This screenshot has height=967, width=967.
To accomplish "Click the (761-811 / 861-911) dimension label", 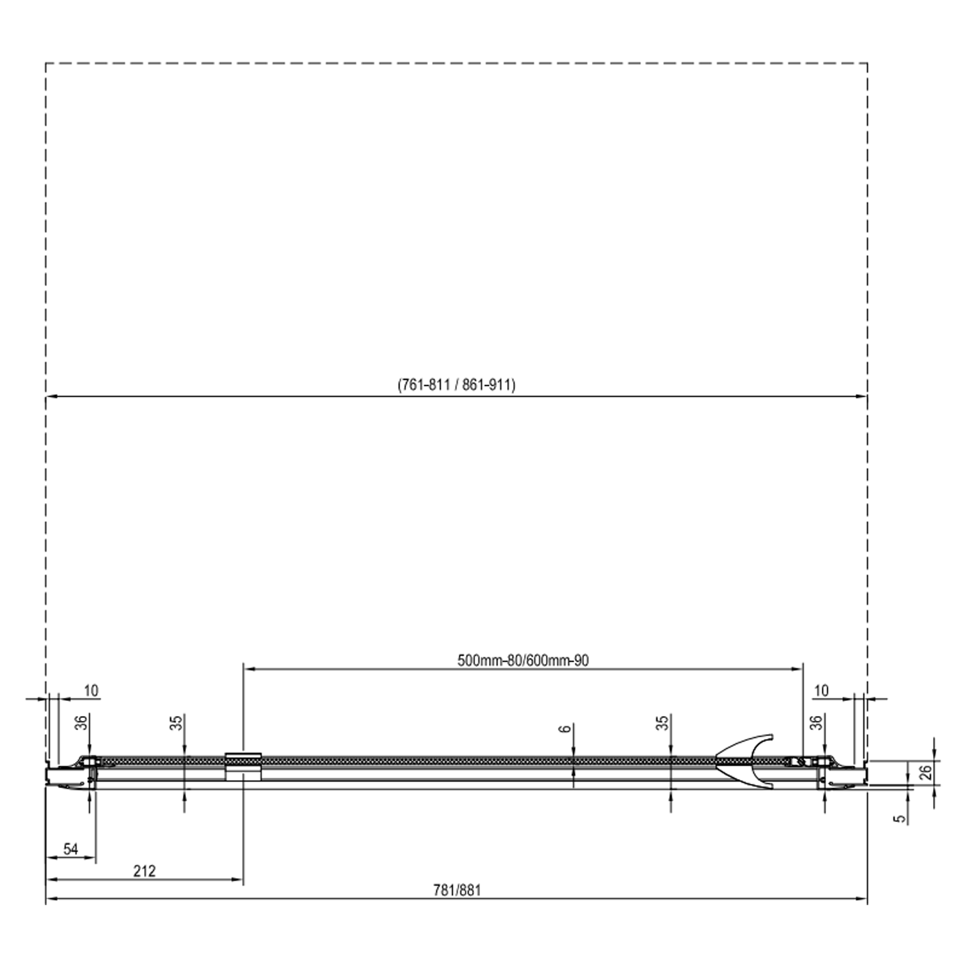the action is (x=456, y=384).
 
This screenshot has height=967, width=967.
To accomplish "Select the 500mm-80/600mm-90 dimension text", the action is (x=523, y=660).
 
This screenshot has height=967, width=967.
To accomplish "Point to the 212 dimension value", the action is (x=145, y=871).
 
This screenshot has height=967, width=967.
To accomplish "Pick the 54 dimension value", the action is (x=71, y=849).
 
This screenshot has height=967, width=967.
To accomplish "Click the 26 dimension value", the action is (x=926, y=772).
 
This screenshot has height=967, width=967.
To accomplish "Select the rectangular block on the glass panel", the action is (x=243, y=766).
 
